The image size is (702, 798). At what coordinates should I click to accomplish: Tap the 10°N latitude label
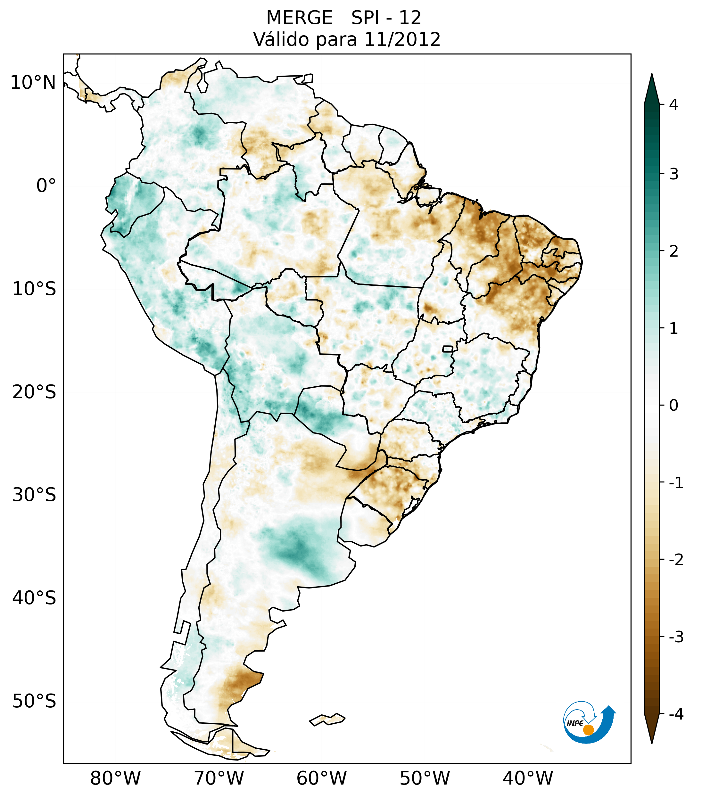[33, 83]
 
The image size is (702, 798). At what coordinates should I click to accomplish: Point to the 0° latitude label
[46, 185]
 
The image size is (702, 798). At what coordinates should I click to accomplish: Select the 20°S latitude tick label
[34, 392]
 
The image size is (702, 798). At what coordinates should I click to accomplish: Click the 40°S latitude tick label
[34, 598]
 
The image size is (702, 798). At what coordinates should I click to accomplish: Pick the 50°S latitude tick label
[34, 702]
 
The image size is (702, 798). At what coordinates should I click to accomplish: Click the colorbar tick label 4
[673, 105]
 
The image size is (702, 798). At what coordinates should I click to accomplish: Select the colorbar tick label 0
[673, 406]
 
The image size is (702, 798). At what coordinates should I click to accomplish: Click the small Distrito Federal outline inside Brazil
[448, 349]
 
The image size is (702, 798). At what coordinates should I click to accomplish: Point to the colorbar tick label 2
[673, 251]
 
